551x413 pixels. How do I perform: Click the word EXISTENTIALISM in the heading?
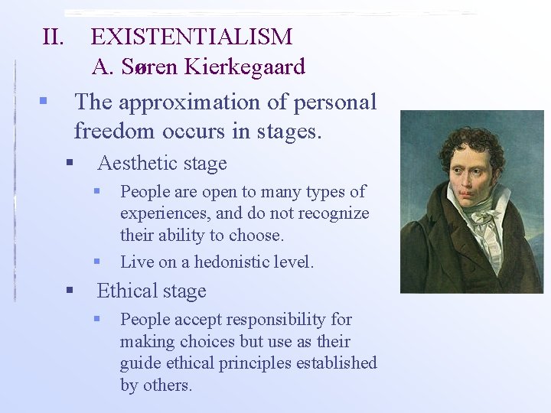coord(191,36)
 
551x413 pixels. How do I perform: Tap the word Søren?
coord(149,67)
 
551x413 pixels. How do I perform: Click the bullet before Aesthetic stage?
coord(69,162)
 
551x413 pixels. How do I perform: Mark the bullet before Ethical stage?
coord(69,291)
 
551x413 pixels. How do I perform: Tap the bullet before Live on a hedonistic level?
coord(97,262)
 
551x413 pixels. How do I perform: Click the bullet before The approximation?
coord(44,100)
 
